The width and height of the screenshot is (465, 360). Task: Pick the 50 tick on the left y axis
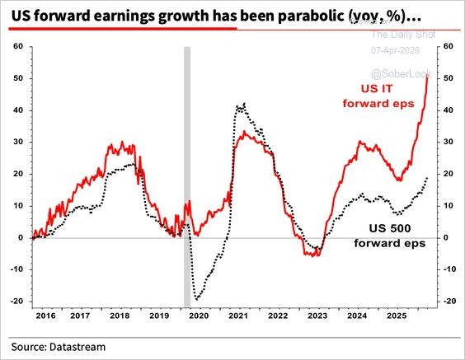pyautogui.click(x=17, y=78)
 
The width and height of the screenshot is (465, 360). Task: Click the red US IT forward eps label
pyautogui.click(x=380, y=96)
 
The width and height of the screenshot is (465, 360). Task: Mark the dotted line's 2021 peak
pyautogui.click(x=239, y=105)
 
